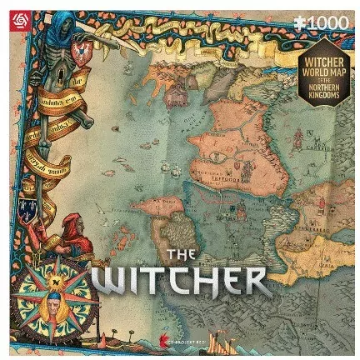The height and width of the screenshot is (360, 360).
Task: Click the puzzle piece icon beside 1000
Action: click(x=293, y=16)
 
